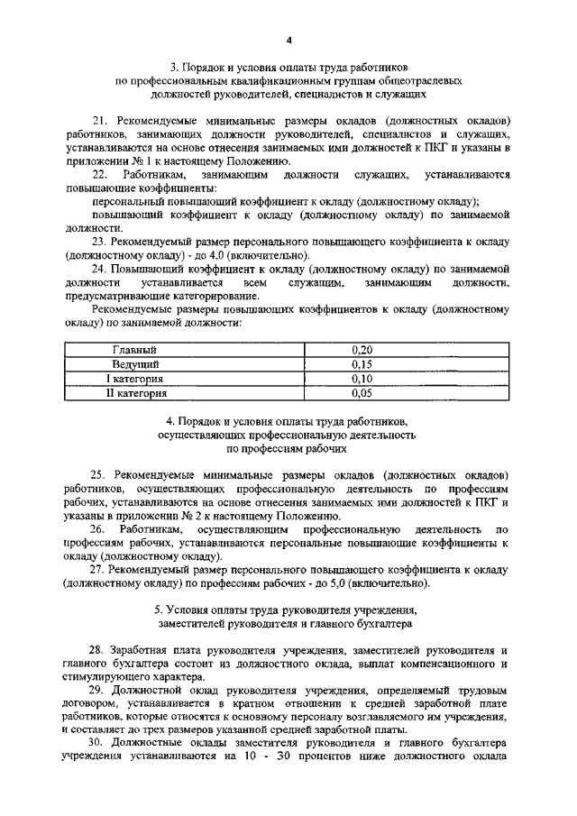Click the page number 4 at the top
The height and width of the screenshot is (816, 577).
point(288,41)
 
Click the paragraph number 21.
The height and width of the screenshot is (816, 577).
point(100,120)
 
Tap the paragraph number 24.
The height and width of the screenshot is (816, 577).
point(100,269)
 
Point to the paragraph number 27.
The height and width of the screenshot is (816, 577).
point(100,570)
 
